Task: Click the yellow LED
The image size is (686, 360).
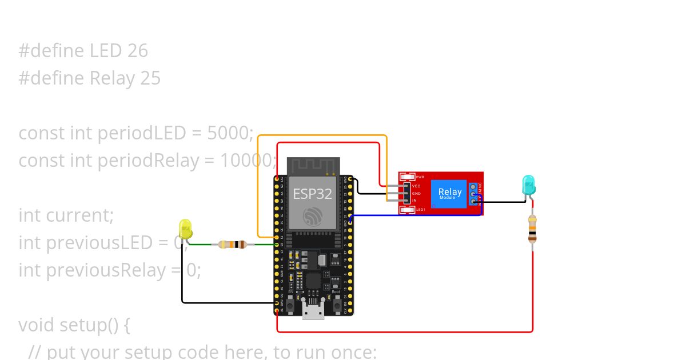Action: coord(185,229)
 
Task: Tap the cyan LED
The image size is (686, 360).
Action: coord(529,185)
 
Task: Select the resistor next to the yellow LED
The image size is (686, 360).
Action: coord(232,245)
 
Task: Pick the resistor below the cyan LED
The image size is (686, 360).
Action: coord(532,229)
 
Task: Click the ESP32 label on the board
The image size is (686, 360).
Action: coord(312,194)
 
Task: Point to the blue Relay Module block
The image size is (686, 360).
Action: coord(450,194)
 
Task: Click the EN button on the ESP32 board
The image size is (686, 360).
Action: coord(290,306)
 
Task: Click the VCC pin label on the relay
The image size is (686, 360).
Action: coord(416,186)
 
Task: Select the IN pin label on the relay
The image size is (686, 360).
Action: coord(414,201)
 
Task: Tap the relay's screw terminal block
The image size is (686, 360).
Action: coord(473,194)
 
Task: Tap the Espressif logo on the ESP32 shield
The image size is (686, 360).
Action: coord(313,217)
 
